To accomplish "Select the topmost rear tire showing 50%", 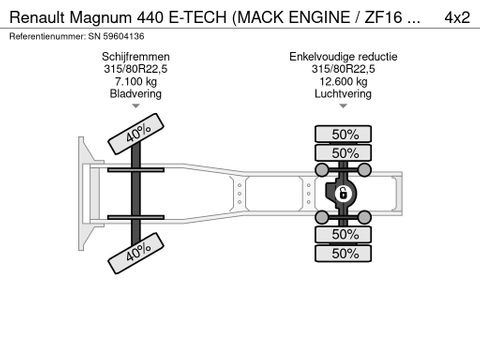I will tap(345, 133).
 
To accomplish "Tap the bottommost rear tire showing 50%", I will tap(345, 253).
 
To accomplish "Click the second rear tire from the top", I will tap(345, 153).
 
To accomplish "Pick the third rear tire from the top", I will tap(345, 233).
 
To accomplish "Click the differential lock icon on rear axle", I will tap(342, 192).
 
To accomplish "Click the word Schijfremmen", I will tap(141, 57).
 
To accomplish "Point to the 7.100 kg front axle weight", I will tap(141, 81).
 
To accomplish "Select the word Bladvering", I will tap(141, 93).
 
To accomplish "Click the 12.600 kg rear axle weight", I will tap(343, 81).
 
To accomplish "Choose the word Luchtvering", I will tap(343, 93).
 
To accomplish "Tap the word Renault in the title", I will tap(39, 15).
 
